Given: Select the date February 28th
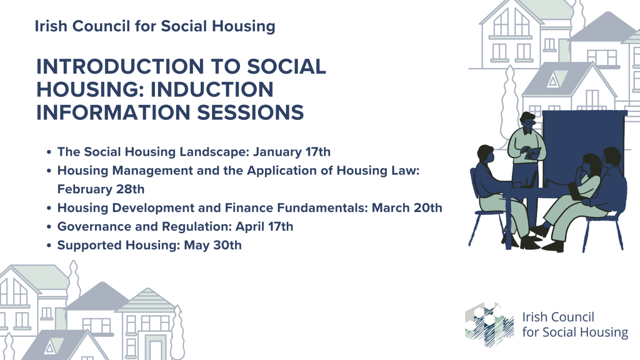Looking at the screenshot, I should click(x=101, y=189).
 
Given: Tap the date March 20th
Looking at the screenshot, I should click(x=407, y=208).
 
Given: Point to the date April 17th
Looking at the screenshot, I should click(x=264, y=227).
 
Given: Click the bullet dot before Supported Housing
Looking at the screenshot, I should click(x=49, y=246).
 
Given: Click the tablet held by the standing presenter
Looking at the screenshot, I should click(x=533, y=153).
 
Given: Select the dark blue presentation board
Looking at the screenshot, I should click(x=583, y=137).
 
